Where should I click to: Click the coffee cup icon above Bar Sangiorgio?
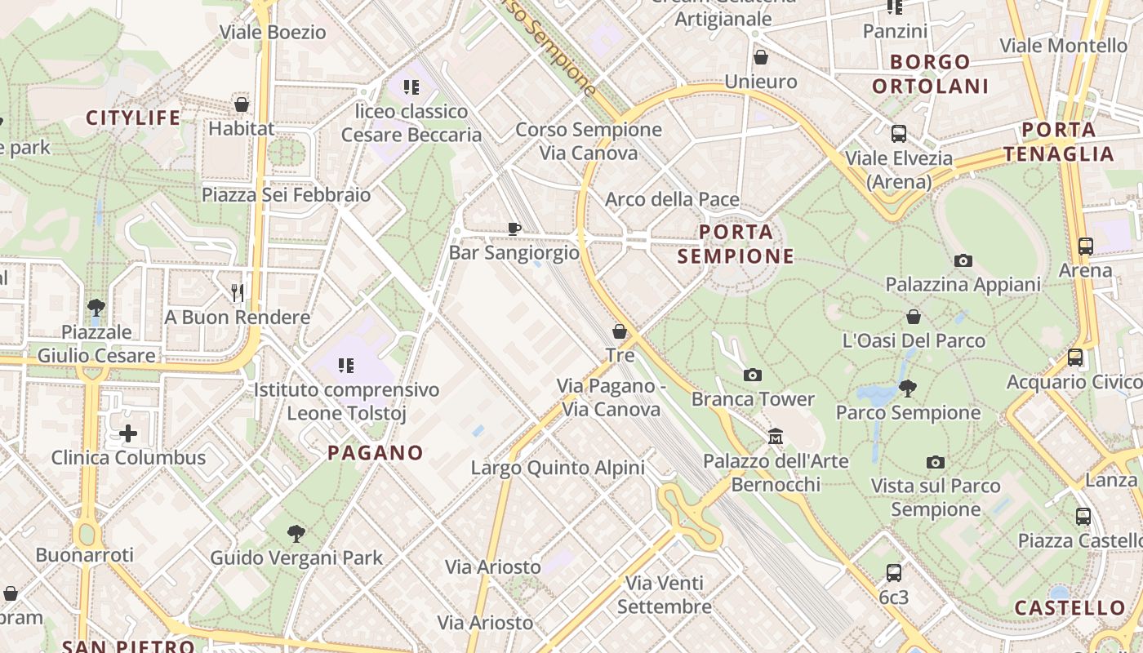click(514, 229)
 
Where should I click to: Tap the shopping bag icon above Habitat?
click(242, 104)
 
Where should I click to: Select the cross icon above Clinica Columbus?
click(128, 433)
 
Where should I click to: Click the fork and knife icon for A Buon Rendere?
click(238, 292)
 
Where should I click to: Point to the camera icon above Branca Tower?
click(753, 375)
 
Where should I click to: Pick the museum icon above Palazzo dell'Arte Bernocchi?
click(776, 437)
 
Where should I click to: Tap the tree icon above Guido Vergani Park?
click(296, 534)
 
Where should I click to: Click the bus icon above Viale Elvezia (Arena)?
click(899, 134)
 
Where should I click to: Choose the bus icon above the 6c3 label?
click(894, 573)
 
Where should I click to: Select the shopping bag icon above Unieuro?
click(761, 57)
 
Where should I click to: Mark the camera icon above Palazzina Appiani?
click(963, 260)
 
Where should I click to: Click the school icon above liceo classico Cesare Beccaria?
click(411, 87)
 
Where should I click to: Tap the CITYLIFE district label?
click(133, 118)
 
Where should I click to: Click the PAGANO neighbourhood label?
click(376, 452)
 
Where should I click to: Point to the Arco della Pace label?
click(672, 199)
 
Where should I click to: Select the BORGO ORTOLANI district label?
click(930, 73)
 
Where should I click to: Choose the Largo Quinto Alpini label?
click(558, 468)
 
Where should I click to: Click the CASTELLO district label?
click(1070, 607)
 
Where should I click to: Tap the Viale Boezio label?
click(274, 33)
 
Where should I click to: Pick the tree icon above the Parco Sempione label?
click(907, 389)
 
